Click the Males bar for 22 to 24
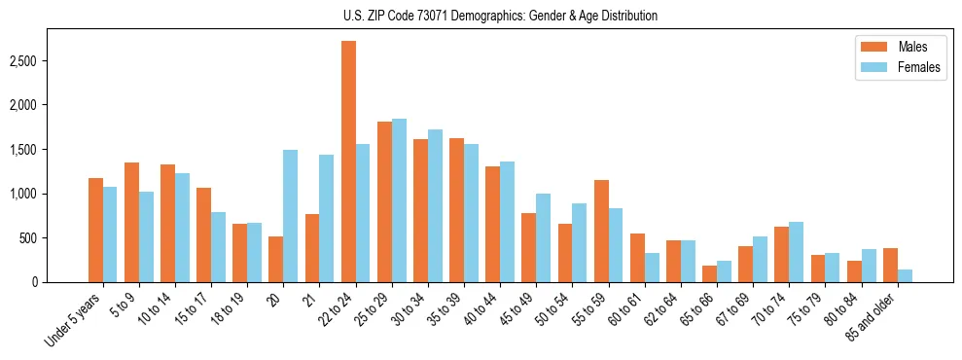pos(348,162)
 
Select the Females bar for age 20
pos(290,216)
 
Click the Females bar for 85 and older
pos(905,275)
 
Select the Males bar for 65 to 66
pos(709,273)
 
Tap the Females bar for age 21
pos(327,218)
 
